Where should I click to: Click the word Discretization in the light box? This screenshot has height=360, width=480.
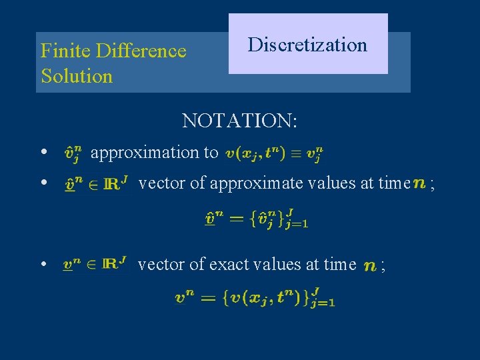[x=307, y=45]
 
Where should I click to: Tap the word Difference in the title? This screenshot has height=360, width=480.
[x=141, y=51]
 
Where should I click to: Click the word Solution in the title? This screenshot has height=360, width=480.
[x=77, y=76]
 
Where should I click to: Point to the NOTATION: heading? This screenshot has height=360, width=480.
[x=240, y=121]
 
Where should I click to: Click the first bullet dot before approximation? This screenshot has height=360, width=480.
[x=44, y=152]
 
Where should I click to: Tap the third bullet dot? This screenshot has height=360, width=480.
[x=44, y=265]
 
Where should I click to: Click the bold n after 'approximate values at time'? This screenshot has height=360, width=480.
[x=420, y=183]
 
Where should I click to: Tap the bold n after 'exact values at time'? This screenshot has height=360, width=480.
[x=370, y=266]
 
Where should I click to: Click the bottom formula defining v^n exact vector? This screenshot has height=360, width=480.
[x=255, y=297]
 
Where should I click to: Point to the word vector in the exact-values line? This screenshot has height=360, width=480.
[x=161, y=265]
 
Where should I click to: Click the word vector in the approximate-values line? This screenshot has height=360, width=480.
[x=162, y=183]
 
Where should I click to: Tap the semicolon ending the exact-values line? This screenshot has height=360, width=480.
[x=383, y=266]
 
